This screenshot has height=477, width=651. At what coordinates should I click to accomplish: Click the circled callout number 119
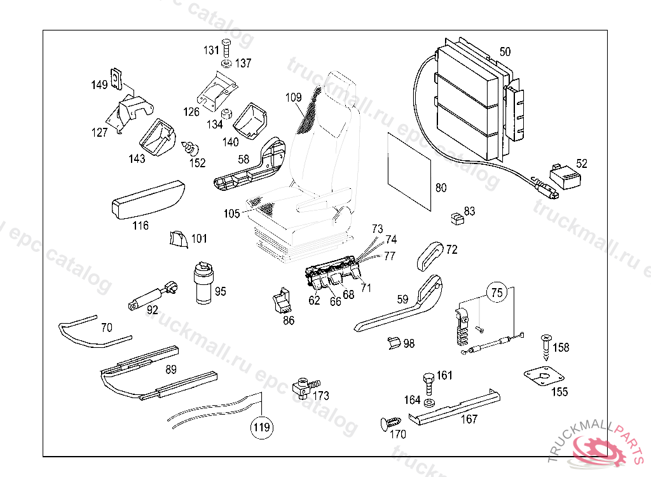[261, 426]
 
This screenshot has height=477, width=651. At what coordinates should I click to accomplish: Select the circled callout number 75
[497, 293]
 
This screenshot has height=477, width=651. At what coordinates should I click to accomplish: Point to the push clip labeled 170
[390, 423]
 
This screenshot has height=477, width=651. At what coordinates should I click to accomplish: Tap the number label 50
[505, 51]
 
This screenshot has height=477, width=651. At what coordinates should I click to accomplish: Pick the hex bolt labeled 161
[428, 383]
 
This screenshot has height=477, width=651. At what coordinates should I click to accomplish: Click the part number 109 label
[293, 98]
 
